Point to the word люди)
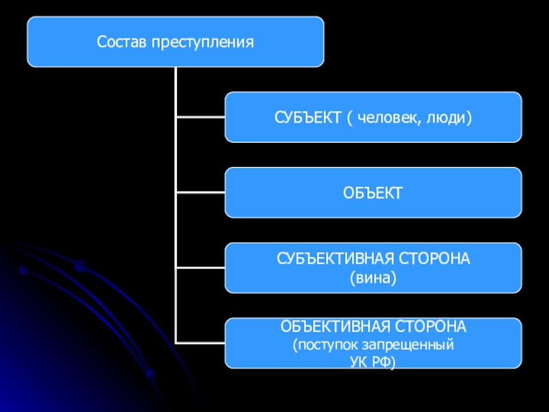[x=453, y=118]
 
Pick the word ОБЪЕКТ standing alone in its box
[x=373, y=193]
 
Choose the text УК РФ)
[x=373, y=359]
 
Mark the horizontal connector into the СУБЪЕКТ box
[x=200, y=117]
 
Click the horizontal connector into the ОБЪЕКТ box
[x=200, y=192]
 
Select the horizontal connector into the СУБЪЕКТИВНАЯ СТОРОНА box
[x=200, y=267]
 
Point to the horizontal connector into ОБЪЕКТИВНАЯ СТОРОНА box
[x=200, y=341]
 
